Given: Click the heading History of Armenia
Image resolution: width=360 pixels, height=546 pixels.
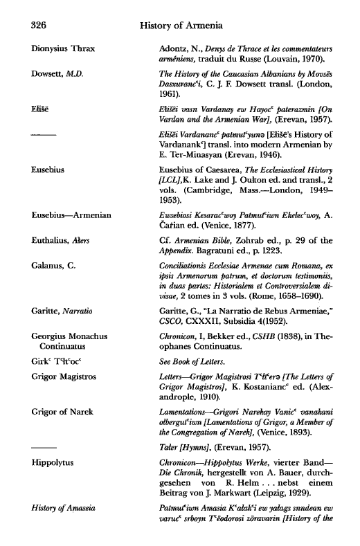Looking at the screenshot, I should [x=179, y=26].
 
